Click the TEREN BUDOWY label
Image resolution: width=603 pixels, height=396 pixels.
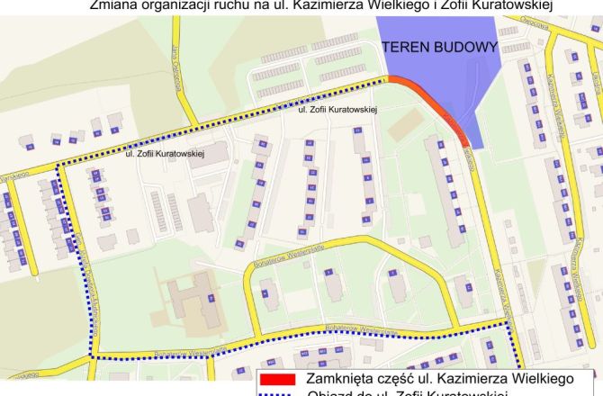(x=440, y=48)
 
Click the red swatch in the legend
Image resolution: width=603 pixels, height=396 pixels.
(x=279, y=379)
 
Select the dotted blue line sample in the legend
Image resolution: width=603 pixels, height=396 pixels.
(x=279, y=393)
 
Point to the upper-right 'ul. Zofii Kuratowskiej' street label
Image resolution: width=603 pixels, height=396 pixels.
(x=337, y=109)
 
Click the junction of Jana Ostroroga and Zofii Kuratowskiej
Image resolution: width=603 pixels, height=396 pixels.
(x=192, y=127)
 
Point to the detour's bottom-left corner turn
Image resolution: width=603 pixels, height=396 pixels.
(x=94, y=357)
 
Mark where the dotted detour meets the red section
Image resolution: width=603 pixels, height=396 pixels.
(x=389, y=78)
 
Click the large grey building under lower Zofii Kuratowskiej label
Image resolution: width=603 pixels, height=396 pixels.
(x=201, y=212)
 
